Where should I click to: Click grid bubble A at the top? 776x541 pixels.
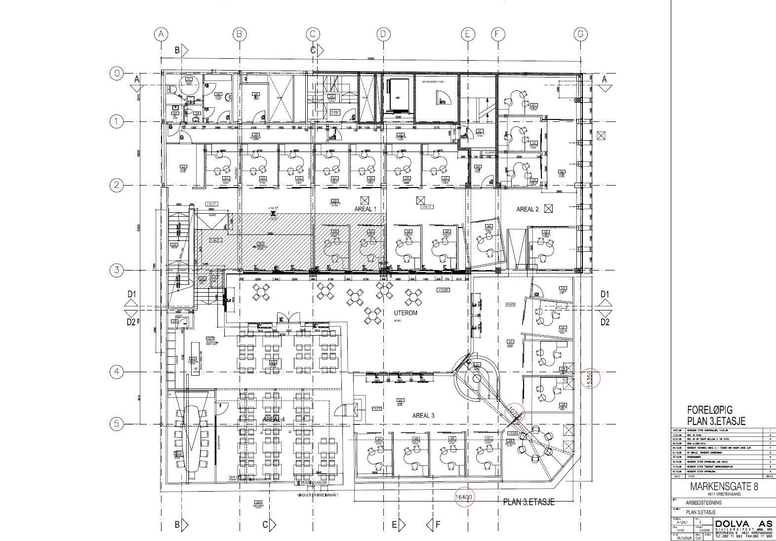pyautogui.click(x=161, y=34)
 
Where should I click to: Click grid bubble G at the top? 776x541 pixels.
pyautogui.click(x=581, y=34)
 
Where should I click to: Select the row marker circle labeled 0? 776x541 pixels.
pyautogui.click(x=116, y=74)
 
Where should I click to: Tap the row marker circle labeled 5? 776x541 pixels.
pyautogui.click(x=116, y=424)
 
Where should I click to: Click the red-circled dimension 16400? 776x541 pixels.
pyautogui.click(x=464, y=498)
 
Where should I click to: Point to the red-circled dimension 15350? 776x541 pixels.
pyautogui.click(x=589, y=379)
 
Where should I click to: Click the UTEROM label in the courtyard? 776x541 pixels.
pyautogui.click(x=406, y=313)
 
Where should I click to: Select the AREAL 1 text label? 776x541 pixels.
pyautogui.click(x=366, y=209)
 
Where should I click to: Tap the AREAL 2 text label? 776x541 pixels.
pyautogui.click(x=528, y=209)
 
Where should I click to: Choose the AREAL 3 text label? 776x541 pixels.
pyautogui.click(x=423, y=416)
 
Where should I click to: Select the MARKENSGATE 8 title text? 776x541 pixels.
pyautogui.click(x=724, y=486)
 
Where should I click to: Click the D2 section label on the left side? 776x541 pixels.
pyautogui.click(x=131, y=322)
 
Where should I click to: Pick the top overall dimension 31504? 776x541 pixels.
pyautogui.click(x=370, y=60)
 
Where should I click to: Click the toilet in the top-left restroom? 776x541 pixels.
pyautogui.click(x=172, y=89)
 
